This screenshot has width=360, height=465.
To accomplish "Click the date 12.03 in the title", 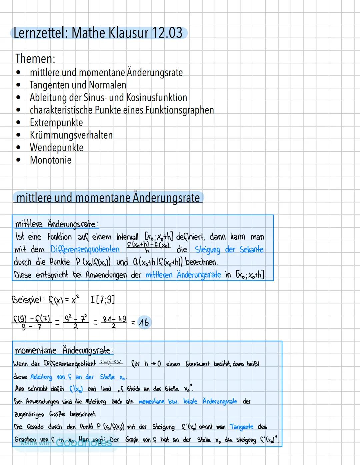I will tap(167, 33).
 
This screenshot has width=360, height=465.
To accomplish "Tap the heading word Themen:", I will tap(35, 58).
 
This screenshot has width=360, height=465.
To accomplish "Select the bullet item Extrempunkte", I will tap(56, 122).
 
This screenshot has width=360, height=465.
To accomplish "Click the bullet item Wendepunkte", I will tap(56, 147).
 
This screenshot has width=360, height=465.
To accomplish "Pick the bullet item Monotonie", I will tap(50, 160).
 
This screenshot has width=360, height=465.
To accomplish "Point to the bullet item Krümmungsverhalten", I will tap(71, 135).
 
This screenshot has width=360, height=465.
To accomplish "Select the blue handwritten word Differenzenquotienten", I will tap(85, 249).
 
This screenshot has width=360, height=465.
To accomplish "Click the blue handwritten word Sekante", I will tap(252, 249).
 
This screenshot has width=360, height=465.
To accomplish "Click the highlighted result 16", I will tap(144, 323).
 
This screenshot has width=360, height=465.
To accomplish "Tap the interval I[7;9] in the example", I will tap(103, 299).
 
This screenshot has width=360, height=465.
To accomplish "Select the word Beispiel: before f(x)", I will tap(28, 299).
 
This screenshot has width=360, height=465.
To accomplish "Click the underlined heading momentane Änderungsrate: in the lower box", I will tap(64, 350).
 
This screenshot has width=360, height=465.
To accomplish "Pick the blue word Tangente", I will tap(241, 427).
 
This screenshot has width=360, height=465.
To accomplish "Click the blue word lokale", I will tap(190, 401).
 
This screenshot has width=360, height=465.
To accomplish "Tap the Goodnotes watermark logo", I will tap(83, 443).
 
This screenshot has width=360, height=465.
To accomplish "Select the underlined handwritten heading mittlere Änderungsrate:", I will tap(56, 224).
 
